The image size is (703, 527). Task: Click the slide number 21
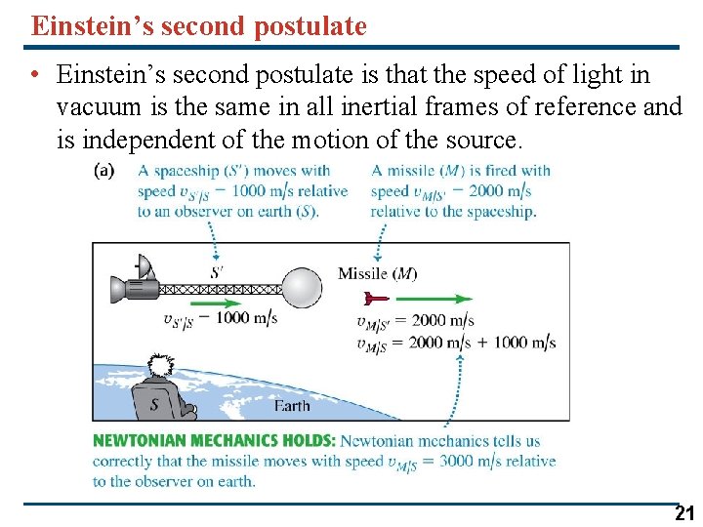click(x=684, y=514)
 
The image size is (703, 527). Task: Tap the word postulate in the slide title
click(x=310, y=25)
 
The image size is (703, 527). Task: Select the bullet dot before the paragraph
click(x=35, y=75)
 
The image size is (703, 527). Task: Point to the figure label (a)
click(x=103, y=171)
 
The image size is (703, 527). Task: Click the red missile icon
click(x=375, y=298)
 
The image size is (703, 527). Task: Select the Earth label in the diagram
click(x=292, y=406)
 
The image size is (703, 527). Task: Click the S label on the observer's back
click(x=154, y=403)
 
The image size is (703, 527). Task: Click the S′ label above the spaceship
click(x=217, y=272)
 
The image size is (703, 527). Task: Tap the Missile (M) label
click(x=377, y=273)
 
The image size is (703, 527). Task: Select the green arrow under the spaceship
click(x=219, y=303)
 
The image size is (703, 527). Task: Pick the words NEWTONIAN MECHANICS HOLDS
click(x=214, y=441)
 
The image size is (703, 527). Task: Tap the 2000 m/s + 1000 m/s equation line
click(x=455, y=343)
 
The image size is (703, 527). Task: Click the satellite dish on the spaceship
click(x=144, y=266)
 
